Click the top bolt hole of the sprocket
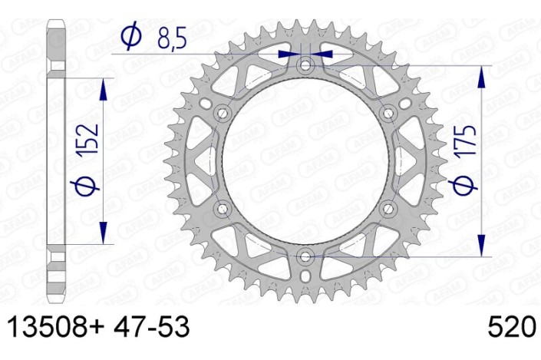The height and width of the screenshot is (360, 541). click(306, 65)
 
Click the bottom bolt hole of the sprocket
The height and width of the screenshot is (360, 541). click(306, 256)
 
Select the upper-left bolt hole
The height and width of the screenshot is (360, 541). click(223, 113)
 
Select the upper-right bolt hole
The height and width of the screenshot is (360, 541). click(388, 113)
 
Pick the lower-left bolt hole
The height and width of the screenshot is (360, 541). click(223, 208)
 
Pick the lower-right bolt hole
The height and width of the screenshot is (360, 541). click(388, 208)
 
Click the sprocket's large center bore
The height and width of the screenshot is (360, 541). click(306, 160)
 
